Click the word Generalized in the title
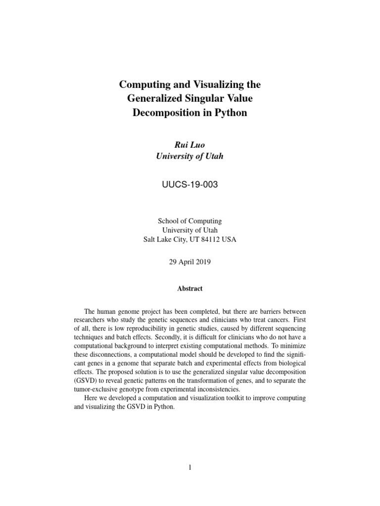pos(154,99)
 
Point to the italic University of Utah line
pos(190,157)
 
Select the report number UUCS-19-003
pos(190,185)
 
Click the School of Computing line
pos(190,221)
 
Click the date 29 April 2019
pos(190,262)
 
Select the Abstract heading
pos(190,289)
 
